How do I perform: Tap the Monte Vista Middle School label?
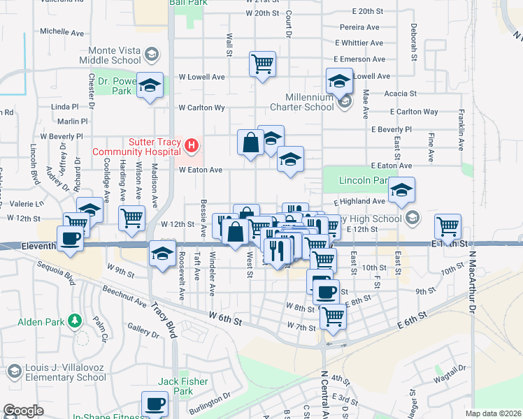[x=115, y=55]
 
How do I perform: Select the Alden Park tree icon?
[x=73, y=321]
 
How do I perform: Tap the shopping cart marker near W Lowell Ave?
[x=262, y=65]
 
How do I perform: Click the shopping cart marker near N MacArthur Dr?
[x=447, y=226]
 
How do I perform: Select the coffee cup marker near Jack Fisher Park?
[x=155, y=404]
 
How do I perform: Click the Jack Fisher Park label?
[x=175, y=386]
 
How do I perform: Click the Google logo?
[x=23, y=411]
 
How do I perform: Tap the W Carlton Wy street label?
[x=201, y=108]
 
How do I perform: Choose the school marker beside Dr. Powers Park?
[x=150, y=86]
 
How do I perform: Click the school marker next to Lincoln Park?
[x=401, y=190]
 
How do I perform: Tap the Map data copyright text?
[x=493, y=413]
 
